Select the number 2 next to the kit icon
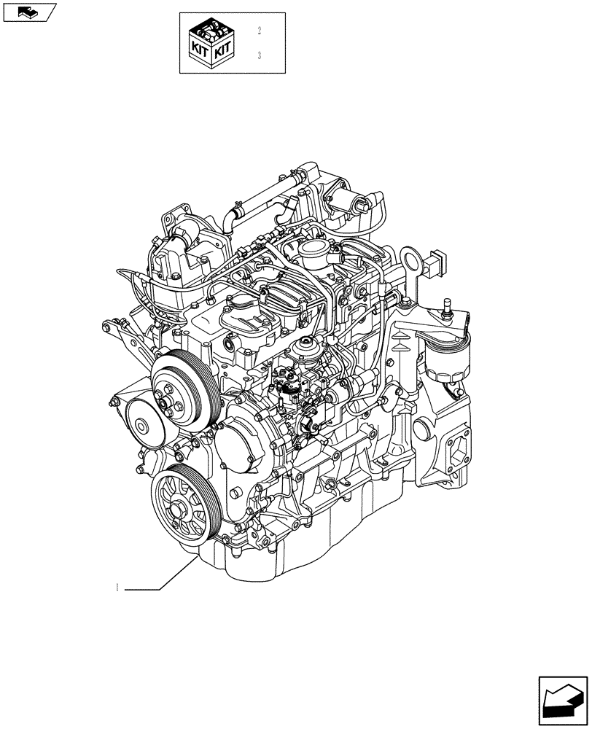(259, 31)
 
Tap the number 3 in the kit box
(259, 55)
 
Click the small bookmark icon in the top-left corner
(28, 11)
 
